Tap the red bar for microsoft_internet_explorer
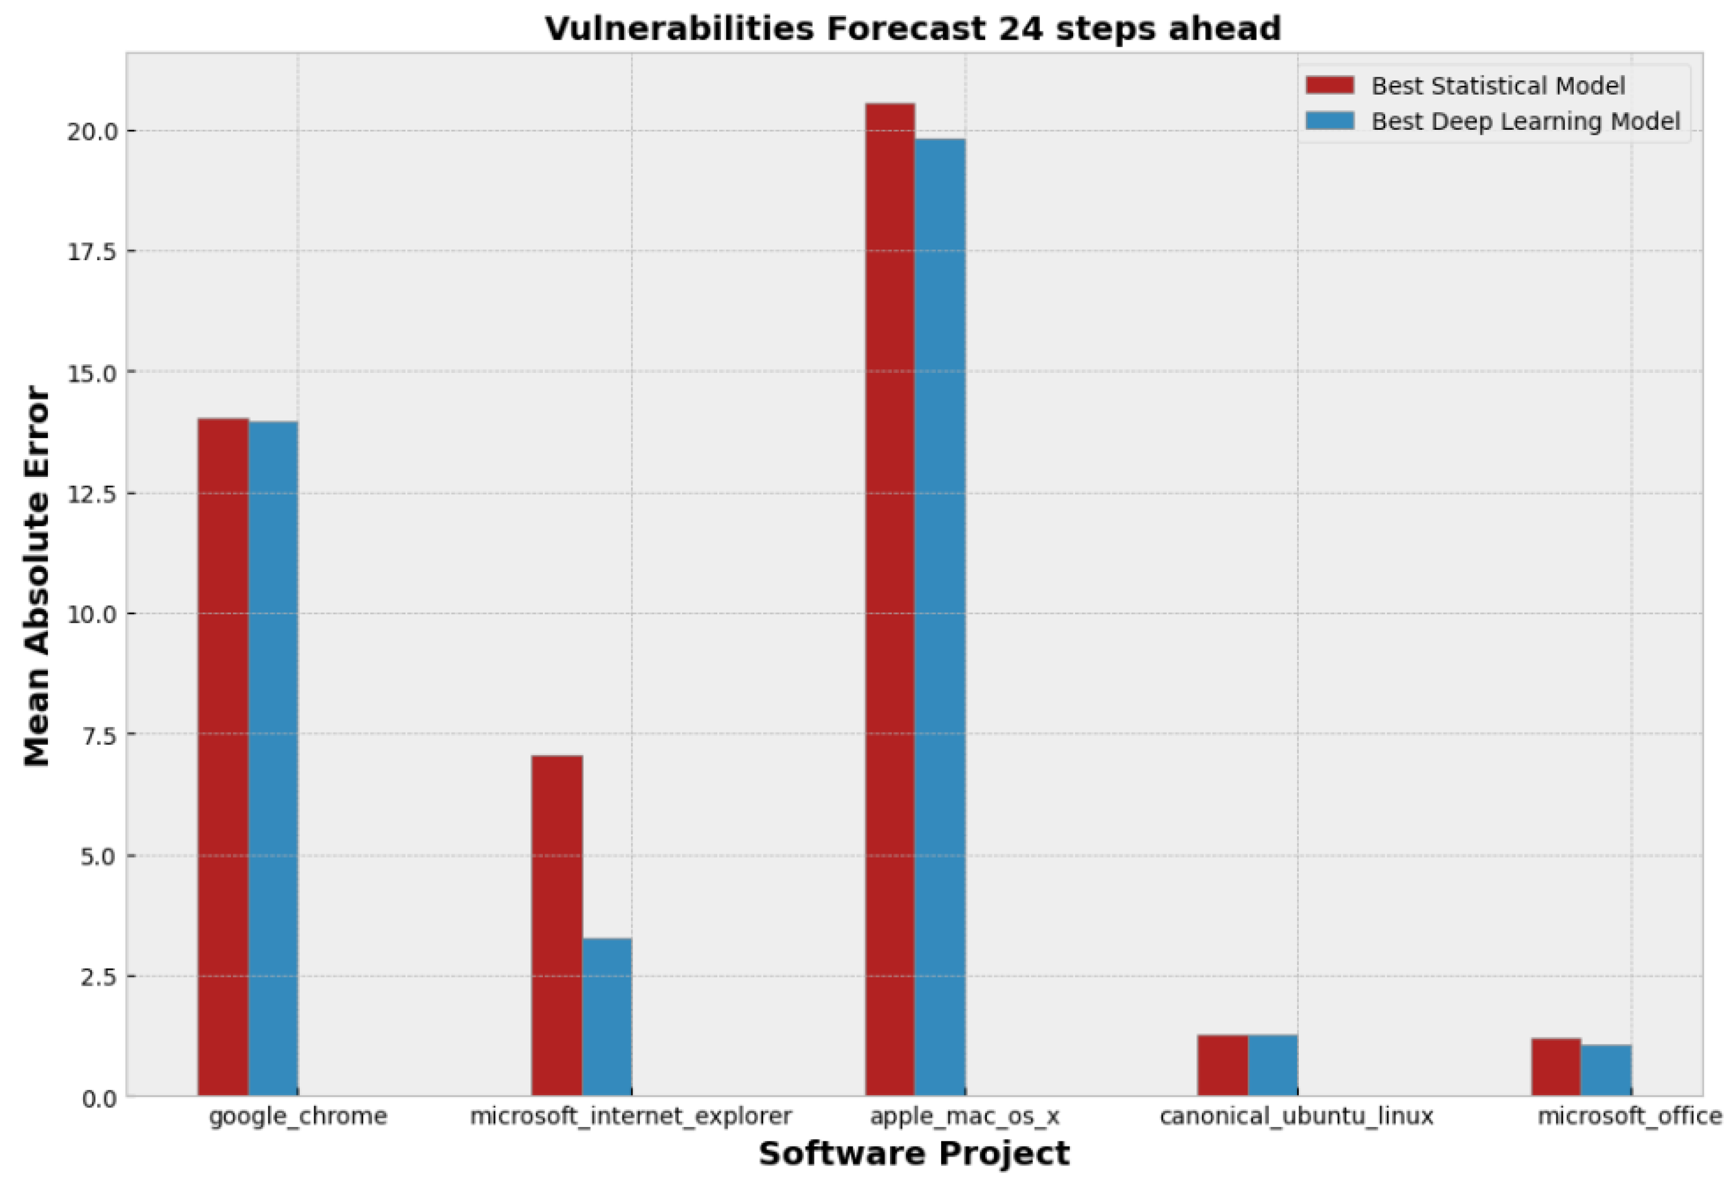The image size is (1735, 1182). tap(556, 925)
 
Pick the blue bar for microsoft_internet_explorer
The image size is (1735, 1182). tap(606, 1016)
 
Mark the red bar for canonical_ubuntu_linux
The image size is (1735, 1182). tap(1222, 1065)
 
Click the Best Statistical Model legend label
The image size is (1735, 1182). tap(1497, 86)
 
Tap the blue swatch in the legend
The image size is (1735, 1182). tap(1330, 121)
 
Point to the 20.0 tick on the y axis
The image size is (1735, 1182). tap(92, 131)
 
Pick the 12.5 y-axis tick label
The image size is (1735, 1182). tap(92, 494)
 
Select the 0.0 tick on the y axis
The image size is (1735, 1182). tap(98, 1098)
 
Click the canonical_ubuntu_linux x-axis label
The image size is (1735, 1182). tap(1296, 1115)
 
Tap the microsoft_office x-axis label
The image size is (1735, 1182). tap(1629, 1115)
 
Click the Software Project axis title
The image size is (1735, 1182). tap(914, 1153)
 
